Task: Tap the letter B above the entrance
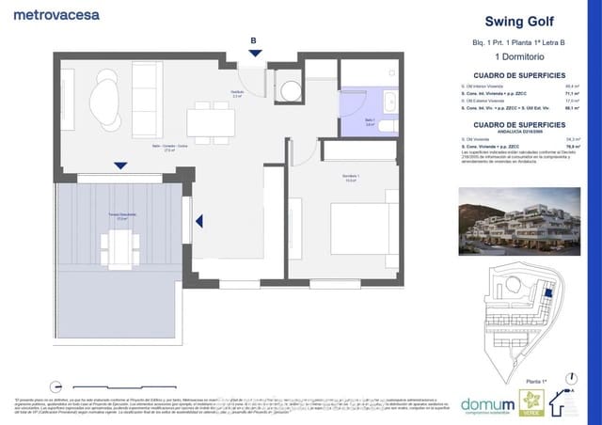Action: coord(253,39)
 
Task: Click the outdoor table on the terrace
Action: coord(119,247)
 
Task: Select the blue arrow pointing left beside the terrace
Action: coord(199,222)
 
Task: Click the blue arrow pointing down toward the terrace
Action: coord(119,166)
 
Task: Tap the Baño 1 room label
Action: coord(370,122)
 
